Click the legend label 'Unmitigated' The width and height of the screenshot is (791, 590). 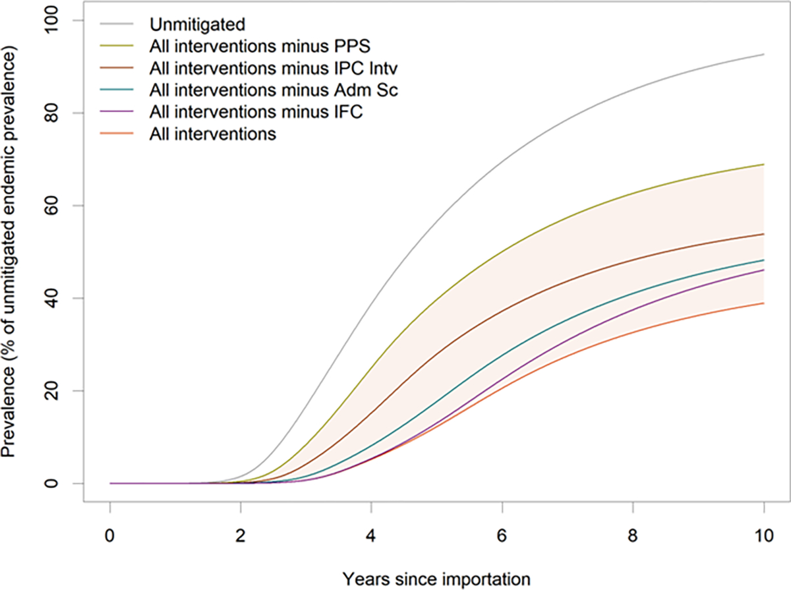click(x=198, y=24)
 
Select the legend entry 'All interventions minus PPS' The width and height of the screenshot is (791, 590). click(x=260, y=46)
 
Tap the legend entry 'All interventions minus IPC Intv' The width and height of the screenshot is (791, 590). click(x=274, y=68)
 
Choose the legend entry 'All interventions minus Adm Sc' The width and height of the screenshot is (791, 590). click(x=274, y=90)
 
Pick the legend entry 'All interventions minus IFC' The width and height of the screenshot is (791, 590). click(x=256, y=111)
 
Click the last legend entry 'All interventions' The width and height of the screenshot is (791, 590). click(x=213, y=134)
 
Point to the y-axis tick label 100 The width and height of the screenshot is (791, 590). click(x=51, y=20)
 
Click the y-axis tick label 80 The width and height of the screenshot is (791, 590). click(x=51, y=113)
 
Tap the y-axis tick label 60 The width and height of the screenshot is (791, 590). click(x=51, y=206)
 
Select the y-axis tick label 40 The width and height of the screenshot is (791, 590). click(x=51, y=299)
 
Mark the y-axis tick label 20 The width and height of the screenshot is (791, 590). click(x=51, y=391)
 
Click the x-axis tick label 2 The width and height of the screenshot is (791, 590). click(x=241, y=536)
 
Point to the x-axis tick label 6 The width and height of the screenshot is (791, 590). click(x=502, y=536)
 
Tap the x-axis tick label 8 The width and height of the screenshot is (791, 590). click(x=633, y=536)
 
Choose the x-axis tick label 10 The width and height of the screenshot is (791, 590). click(x=763, y=536)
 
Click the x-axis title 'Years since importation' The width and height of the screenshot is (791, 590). click(x=436, y=579)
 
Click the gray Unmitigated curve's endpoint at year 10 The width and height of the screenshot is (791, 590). click(x=763, y=55)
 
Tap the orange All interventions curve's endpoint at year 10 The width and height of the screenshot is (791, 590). click(x=763, y=303)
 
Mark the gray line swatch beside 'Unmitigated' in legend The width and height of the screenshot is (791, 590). click(x=117, y=24)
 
